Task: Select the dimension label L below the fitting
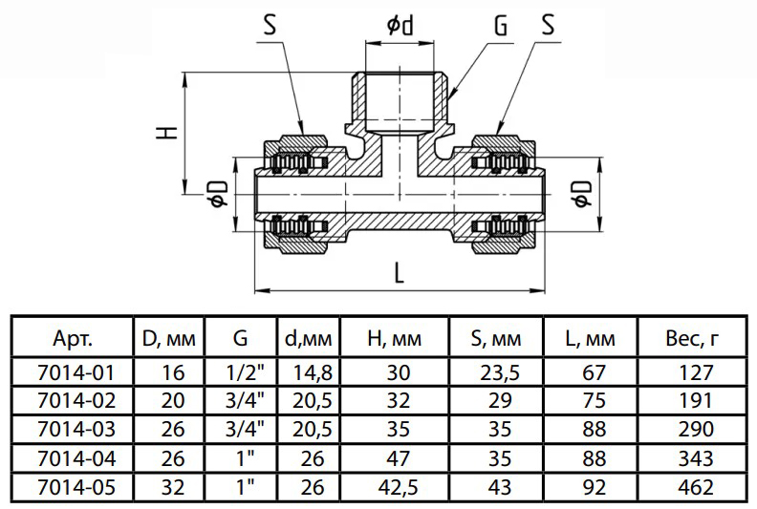coord(399,273)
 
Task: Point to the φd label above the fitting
coord(401,26)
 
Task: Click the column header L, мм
coord(590,338)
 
